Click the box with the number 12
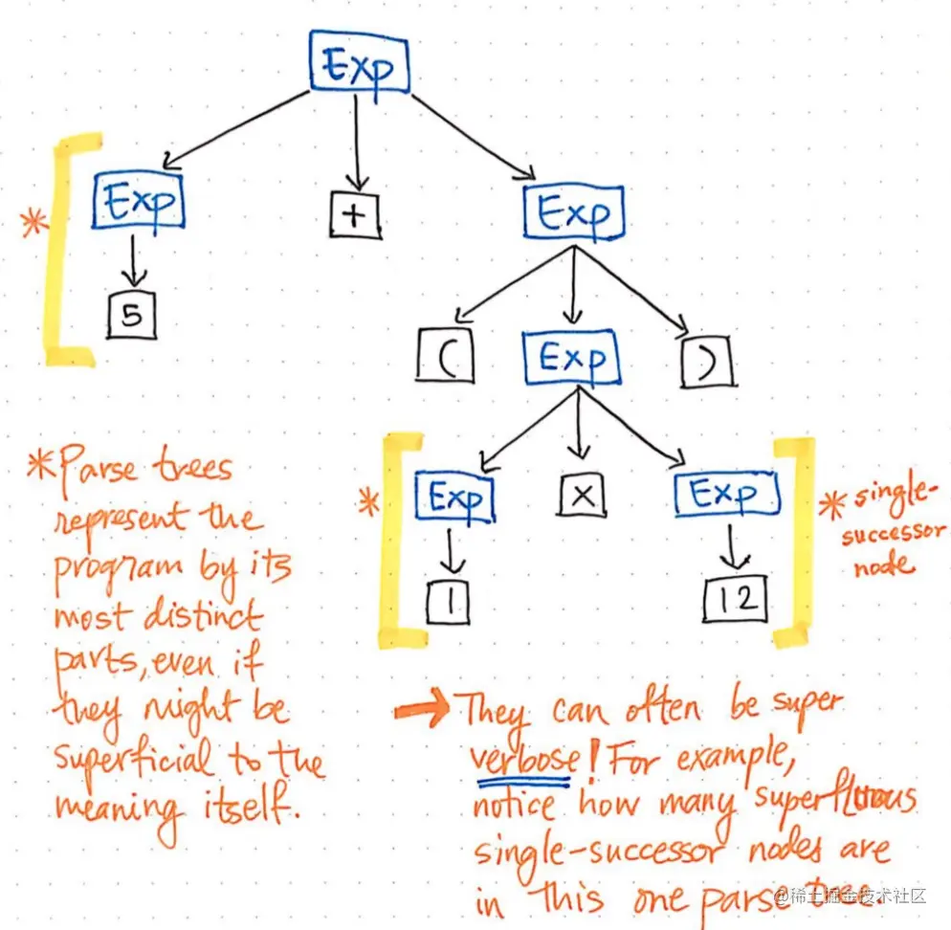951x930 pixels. pyautogui.click(x=735, y=598)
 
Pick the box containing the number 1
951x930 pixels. pyautogui.click(x=447, y=600)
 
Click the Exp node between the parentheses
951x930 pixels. pyautogui.click(x=571, y=359)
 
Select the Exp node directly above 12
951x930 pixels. pyautogui.click(x=726, y=496)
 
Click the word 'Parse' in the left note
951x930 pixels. pyautogui.click(x=97, y=470)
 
